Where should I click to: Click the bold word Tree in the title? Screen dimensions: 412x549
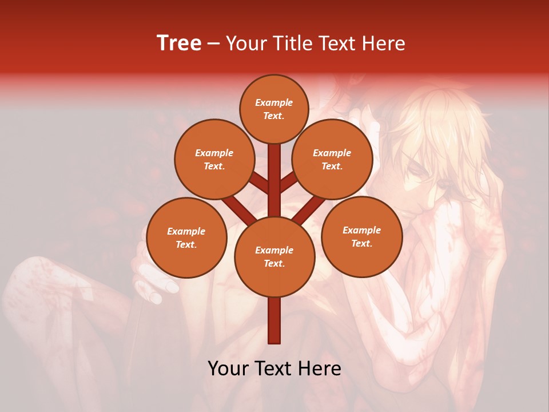(179, 43)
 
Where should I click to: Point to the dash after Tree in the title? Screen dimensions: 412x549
(213, 44)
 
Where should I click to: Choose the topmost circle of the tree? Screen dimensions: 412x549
(274, 109)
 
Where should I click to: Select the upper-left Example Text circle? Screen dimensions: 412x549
(214, 159)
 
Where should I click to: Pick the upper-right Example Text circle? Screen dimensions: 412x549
(332, 159)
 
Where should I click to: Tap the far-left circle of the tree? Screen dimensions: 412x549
(186, 237)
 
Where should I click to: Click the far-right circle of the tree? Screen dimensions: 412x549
(361, 236)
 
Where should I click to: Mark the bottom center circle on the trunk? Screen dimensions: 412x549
(274, 257)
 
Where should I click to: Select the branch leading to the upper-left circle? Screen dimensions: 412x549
(260, 184)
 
